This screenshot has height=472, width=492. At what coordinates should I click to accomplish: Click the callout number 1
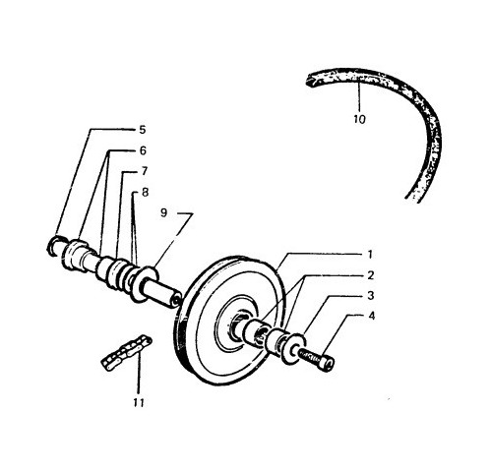tap(370, 255)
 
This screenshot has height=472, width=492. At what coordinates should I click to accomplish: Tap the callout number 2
tap(371, 275)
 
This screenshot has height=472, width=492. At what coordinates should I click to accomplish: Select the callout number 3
tap(371, 296)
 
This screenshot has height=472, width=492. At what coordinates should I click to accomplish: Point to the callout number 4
tap(371, 316)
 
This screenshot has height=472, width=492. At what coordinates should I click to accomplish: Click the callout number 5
tap(142, 130)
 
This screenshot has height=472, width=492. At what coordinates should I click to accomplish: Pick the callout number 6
tap(143, 150)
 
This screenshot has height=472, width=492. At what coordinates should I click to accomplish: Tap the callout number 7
tap(144, 171)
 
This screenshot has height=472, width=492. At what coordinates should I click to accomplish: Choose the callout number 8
tap(145, 192)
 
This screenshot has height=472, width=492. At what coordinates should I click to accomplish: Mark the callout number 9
tap(163, 212)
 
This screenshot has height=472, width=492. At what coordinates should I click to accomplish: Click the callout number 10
tap(359, 119)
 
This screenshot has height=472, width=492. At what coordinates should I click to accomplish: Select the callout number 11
tap(139, 402)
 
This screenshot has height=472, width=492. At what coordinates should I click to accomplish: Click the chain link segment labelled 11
tap(126, 352)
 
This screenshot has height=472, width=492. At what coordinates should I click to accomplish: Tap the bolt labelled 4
tap(317, 358)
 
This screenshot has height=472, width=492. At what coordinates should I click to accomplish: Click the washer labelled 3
tap(292, 348)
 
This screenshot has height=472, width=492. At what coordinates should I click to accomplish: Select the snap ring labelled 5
tap(52, 245)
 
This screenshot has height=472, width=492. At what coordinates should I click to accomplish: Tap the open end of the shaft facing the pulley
tap(176, 299)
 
